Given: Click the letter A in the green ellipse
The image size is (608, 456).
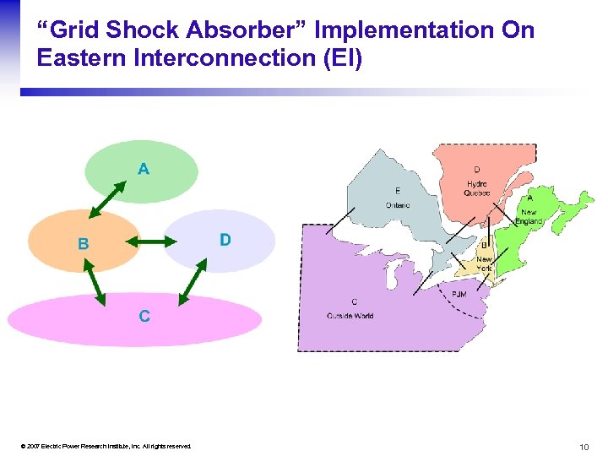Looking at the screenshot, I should (x=144, y=169).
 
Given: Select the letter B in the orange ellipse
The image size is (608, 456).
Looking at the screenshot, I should (x=83, y=245).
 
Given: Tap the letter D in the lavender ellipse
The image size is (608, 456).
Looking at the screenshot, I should (x=225, y=240).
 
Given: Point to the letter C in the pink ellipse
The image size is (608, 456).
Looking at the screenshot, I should (x=144, y=317).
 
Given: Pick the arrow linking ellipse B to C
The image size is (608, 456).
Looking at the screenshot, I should (x=94, y=280).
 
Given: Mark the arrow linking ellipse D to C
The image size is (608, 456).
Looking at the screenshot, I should (x=193, y=281).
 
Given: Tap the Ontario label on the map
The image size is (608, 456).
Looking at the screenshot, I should (x=397, y=205).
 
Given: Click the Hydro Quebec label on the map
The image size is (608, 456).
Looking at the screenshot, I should (x=476, y=188).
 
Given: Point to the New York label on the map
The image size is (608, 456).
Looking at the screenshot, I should (x=484, y=263).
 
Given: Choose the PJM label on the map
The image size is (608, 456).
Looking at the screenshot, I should (x=459, y=294).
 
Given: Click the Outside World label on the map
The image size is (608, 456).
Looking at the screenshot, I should (x=350, y=316).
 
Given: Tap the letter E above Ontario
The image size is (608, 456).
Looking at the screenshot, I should (x=397, y=191).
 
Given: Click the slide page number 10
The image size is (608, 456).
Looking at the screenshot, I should (x=584, y=446).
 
